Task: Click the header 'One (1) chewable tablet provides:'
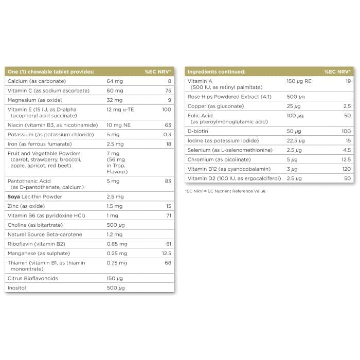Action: pos(50,71)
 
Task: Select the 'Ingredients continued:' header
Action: pos(216,71)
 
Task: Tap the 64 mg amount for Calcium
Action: pos(115,81)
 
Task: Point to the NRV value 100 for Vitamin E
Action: pos(166,110)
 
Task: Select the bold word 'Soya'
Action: pos(14,196)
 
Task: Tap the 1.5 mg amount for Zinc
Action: pos(115,206)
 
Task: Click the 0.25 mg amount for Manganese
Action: pos(117,253)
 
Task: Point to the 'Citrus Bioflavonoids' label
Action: pos(32,278)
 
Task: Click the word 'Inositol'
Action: pos(17,287)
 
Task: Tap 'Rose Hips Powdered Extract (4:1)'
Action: pos(229,97)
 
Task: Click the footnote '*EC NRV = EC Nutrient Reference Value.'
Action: pos(226,191)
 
